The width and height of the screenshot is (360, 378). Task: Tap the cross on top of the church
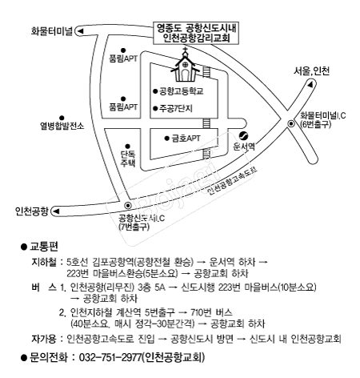[185, 50]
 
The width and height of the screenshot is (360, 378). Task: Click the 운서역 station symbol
[243, 136]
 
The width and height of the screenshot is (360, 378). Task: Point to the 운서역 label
[244, 147]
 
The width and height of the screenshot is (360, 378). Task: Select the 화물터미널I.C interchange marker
[291, 124]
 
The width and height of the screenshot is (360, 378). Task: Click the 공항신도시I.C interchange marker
[128, 205]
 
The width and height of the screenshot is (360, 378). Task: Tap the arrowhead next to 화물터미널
[80, 31]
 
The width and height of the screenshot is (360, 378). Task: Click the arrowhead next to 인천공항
[56, 211]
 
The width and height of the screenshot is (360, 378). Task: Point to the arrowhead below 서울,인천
[310, 84]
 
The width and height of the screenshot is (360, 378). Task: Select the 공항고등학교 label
[182, 91]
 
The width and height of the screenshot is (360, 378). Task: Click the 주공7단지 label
[176, 108]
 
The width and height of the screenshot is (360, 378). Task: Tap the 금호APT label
[186, 139]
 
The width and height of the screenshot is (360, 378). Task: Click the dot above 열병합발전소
[62, 118]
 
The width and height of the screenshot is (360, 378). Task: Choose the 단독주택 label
[128, 159]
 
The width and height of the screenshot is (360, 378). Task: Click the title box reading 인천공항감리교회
[196, 33]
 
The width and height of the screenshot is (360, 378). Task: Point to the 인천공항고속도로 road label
[232, 181]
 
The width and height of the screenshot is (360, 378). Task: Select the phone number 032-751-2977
[110, 357]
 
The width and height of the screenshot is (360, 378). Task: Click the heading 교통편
[44, 246]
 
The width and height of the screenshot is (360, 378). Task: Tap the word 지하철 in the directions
[44, 262]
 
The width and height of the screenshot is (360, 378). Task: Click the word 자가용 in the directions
[44, 339]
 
